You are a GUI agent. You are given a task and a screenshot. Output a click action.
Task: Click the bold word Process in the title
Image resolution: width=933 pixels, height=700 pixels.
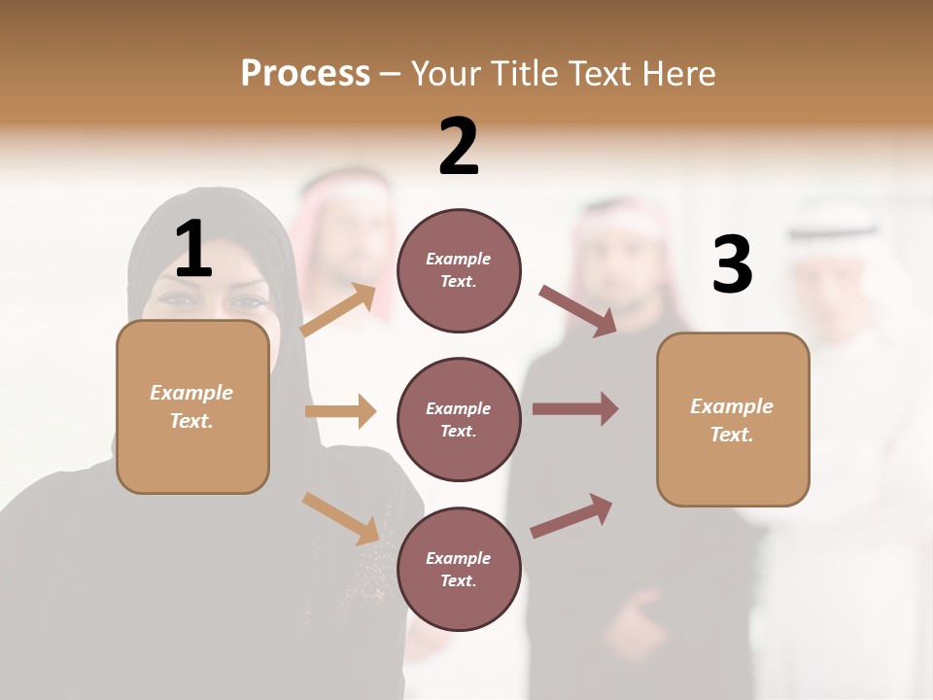click(x=305, y=74)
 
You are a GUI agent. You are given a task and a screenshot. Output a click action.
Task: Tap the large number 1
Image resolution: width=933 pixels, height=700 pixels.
click(x=193, y=249)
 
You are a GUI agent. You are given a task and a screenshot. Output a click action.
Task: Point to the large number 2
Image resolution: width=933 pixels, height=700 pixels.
click(x=459, y=147)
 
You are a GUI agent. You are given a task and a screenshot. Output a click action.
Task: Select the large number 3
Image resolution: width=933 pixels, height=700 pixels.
click(x=733, y=265)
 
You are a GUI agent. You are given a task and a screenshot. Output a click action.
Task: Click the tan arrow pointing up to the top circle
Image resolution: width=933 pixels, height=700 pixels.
click(x=338, y=310)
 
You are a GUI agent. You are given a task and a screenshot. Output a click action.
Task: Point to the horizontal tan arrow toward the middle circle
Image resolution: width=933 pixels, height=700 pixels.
click(x=340, y=411)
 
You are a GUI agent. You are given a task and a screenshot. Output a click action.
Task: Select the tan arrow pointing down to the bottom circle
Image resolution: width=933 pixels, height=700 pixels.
click(x=340, y=517)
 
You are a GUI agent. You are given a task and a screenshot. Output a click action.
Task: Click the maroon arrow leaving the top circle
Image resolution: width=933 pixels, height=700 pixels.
click(x=578, y=311)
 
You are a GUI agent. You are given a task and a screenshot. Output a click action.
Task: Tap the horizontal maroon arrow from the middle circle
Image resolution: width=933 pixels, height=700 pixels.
click(x=575, y=408)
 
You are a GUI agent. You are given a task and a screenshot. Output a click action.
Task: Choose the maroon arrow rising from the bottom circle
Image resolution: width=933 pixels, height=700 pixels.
click(x=571, y=515)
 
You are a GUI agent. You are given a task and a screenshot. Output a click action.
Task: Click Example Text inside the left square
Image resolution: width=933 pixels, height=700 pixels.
click(x=191, y=406)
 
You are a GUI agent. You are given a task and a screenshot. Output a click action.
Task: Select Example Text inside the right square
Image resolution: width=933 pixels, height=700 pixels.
click(x=732, y=420)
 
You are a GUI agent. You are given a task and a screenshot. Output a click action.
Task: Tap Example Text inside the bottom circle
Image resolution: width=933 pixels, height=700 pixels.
click(x=459, y=570)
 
